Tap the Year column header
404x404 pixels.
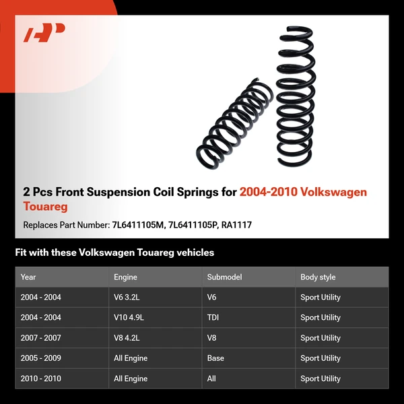28,277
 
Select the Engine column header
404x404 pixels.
126,277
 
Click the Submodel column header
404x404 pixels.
224,277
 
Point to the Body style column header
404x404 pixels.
318,277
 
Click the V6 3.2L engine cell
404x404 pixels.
128,297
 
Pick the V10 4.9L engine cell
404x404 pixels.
130,317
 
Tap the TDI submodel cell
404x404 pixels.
213,317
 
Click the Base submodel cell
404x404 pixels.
215,358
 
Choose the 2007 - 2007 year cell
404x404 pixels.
40,338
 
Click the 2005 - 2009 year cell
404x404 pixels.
40,358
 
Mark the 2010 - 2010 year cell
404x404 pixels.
40,378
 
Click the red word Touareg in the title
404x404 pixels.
45,206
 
